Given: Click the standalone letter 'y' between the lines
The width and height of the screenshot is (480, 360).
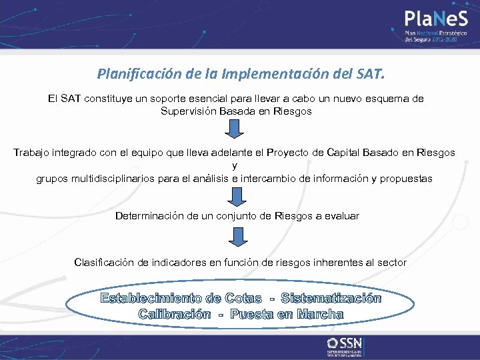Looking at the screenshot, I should pyautogui.click(x=234, y=165).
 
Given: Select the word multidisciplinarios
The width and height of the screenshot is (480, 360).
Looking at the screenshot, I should pyautogui.click(x=111, y=179).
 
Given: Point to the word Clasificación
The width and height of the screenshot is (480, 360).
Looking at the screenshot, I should pyautogui.click(x=105, y=263).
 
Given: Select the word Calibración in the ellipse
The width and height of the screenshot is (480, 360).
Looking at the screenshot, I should pyautogui.click(x=174, y=314).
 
